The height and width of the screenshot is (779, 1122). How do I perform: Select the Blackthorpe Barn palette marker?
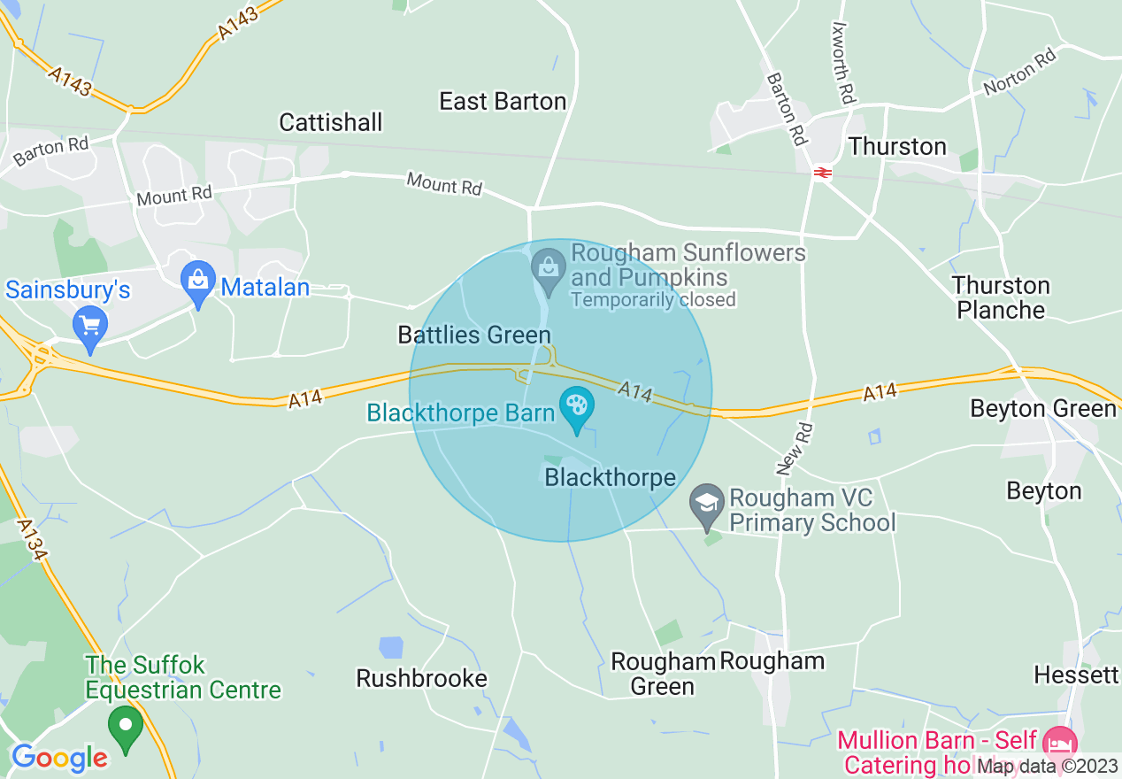click(577, 408)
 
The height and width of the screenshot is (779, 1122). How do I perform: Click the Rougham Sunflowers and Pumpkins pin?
click(548, 268)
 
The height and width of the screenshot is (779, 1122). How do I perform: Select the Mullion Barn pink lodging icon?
click(1058, 743)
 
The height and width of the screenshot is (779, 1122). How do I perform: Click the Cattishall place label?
click(331, 122)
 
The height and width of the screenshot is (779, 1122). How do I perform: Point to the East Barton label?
click(503, 102)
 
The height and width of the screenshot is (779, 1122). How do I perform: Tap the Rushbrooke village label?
click(421, 678)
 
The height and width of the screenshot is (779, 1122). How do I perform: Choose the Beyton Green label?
click(1043, 408)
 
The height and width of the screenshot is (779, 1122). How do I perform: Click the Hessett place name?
click(1076, 675)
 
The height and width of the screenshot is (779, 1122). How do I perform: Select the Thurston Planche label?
click(1001, 297)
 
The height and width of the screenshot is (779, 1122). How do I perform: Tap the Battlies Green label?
click(474, 335)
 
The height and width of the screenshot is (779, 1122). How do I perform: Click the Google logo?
click(59, 758)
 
